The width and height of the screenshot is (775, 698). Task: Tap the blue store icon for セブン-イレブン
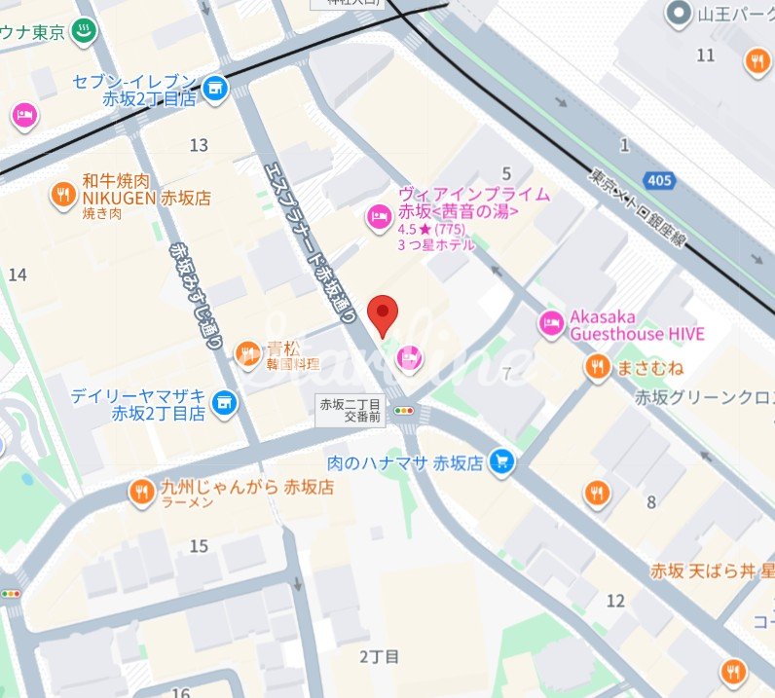click(215, 89)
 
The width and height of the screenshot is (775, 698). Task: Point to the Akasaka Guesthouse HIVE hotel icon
click(552, 323)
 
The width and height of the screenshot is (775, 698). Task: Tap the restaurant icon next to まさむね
click(597, 367)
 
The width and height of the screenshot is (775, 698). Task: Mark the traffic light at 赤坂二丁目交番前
click(404, 412)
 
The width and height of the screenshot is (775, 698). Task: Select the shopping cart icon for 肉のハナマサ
click(502, 461)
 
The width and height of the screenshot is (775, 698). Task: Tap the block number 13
click(199, 145)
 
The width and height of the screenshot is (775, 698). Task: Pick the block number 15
click(199, 546)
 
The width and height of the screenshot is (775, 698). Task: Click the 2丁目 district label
click(379, 657)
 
